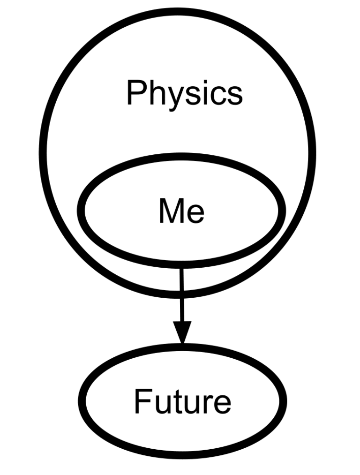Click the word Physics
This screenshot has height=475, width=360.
(x=184, y=93)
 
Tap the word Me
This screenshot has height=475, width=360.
(x=181, y=211)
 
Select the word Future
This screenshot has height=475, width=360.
(x=182, y=401)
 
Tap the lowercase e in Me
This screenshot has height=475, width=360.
(x=195, y=214)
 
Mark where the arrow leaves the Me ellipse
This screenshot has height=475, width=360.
(x=181, y=264)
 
